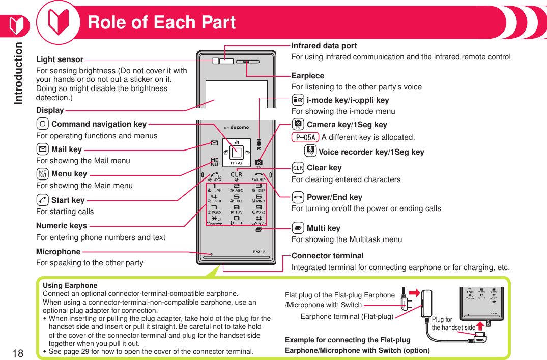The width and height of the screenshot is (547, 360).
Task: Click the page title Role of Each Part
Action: pyautogui.click(x=161, y=22)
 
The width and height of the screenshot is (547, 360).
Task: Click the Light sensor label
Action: pyautogui.click(x=60, y=59)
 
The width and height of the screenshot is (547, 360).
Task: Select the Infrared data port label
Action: pyautogui.click(x=324, y=46)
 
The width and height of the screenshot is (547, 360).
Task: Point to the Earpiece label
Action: pyautogui.click(x=307, y=76)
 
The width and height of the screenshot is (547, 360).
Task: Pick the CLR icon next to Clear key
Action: pyautogui.click(x=298, y=168)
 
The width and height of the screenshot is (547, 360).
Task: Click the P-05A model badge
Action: pyautogui.click(x=305, y=137)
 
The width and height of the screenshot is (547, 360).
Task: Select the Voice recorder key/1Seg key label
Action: pyautogui.click(x=371, y=152)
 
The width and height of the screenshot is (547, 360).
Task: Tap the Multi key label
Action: pyautogui.click(x=323, y=228)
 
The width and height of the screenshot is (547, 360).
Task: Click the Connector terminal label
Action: pyautogui.click(x=327, y=256)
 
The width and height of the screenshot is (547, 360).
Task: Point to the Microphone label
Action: pyautogui.click(x=58, y=252)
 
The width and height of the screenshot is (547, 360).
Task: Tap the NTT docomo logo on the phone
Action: pyautogui.click(x=237, y=127)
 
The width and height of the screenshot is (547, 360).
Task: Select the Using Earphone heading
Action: pyautogui.click(x=70, y=285)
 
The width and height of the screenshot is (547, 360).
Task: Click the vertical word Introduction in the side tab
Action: pyautogui.click(x=19, y=73)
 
